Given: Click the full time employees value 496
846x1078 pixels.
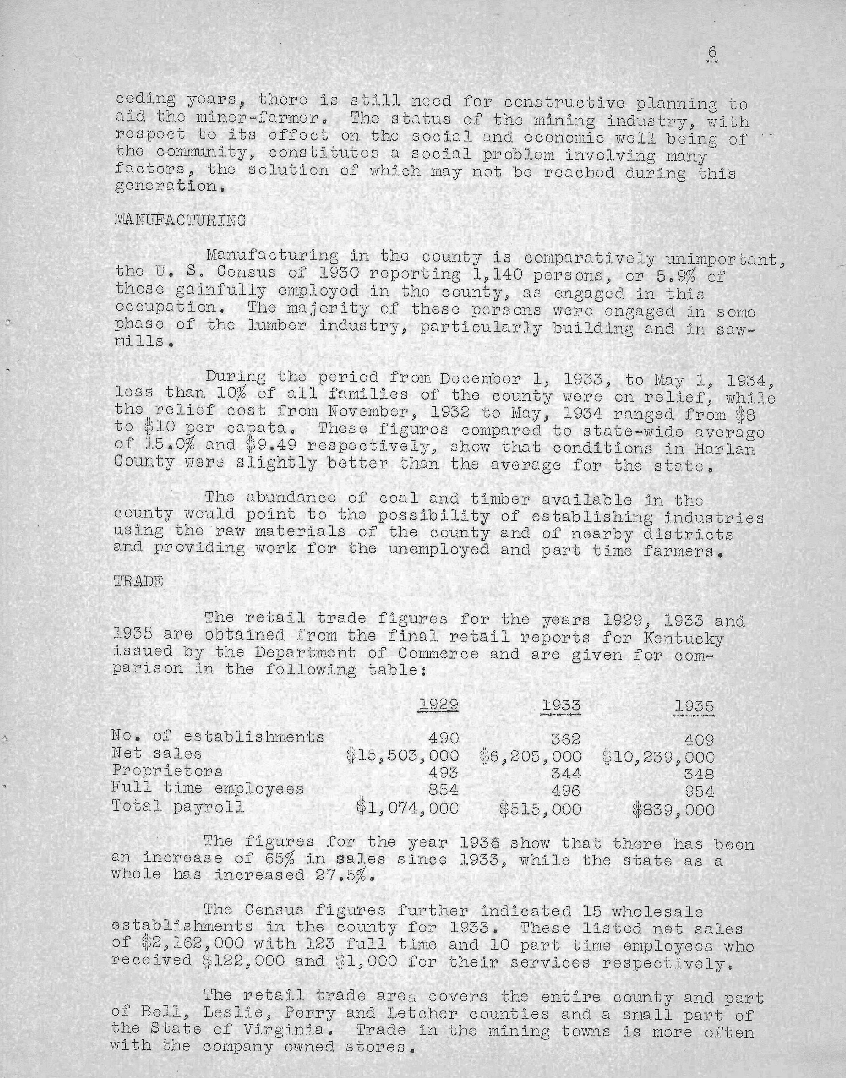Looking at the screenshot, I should click(x=566, y=791).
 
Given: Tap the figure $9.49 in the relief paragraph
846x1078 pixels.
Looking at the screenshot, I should click(x=271, y=446).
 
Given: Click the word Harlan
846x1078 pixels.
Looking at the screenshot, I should click(x=728, y=449).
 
